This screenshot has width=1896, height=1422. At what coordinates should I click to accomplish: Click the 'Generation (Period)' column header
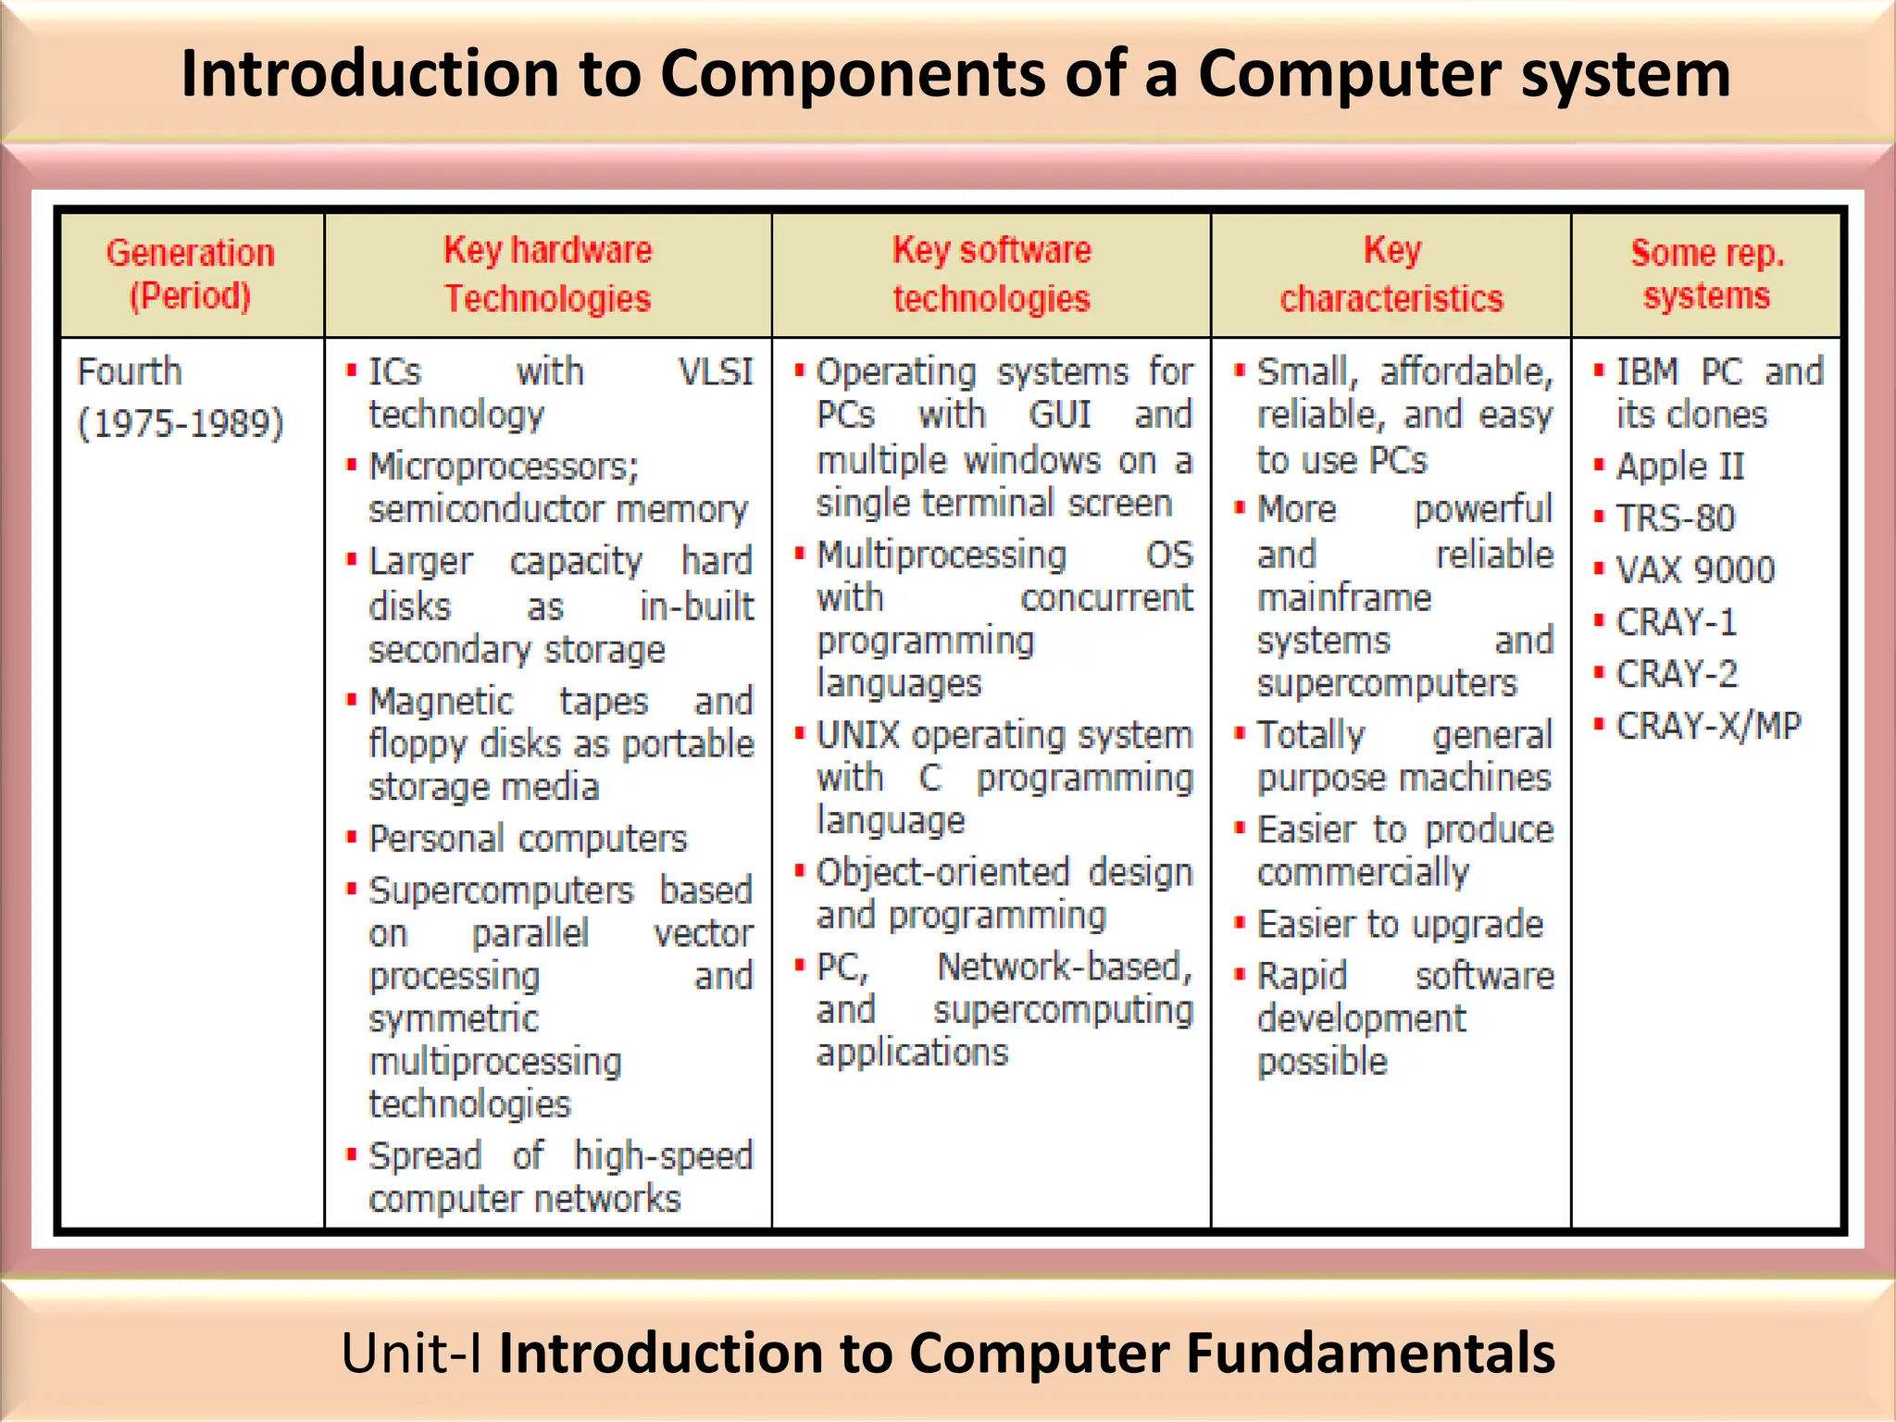coord(191,275)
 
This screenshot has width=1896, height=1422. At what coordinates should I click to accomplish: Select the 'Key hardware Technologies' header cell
coord(548,275)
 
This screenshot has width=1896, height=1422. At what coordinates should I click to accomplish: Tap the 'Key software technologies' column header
coord(992,275)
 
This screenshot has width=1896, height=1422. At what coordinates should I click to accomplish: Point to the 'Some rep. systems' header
coord(1706,275)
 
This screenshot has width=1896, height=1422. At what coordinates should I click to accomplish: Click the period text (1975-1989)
coord(181,424)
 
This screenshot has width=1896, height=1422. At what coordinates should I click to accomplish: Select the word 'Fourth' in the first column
coord(130,372)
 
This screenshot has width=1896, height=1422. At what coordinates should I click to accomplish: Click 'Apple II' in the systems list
coord(1680,467)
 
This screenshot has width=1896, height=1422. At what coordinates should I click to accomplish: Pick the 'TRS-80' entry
coord(1676,518)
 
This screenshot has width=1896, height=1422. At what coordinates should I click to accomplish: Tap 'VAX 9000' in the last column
coord(1695,570)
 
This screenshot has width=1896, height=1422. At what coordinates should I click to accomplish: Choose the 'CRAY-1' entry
coord(1676,622)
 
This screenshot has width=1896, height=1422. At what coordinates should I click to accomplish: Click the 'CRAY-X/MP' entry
coord(1708,726)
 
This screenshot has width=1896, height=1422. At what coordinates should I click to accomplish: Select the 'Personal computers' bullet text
coord(528,839)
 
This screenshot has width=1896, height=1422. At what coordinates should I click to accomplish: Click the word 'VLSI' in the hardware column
coord(716,372)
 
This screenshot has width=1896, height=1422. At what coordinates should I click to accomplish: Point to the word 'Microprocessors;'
coord(504,467)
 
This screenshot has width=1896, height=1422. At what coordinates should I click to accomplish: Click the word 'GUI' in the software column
coord(1060,415)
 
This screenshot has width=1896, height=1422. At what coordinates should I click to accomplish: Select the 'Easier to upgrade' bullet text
coord(1400,924)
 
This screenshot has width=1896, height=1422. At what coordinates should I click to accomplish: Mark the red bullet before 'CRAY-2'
coord(1599,672)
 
